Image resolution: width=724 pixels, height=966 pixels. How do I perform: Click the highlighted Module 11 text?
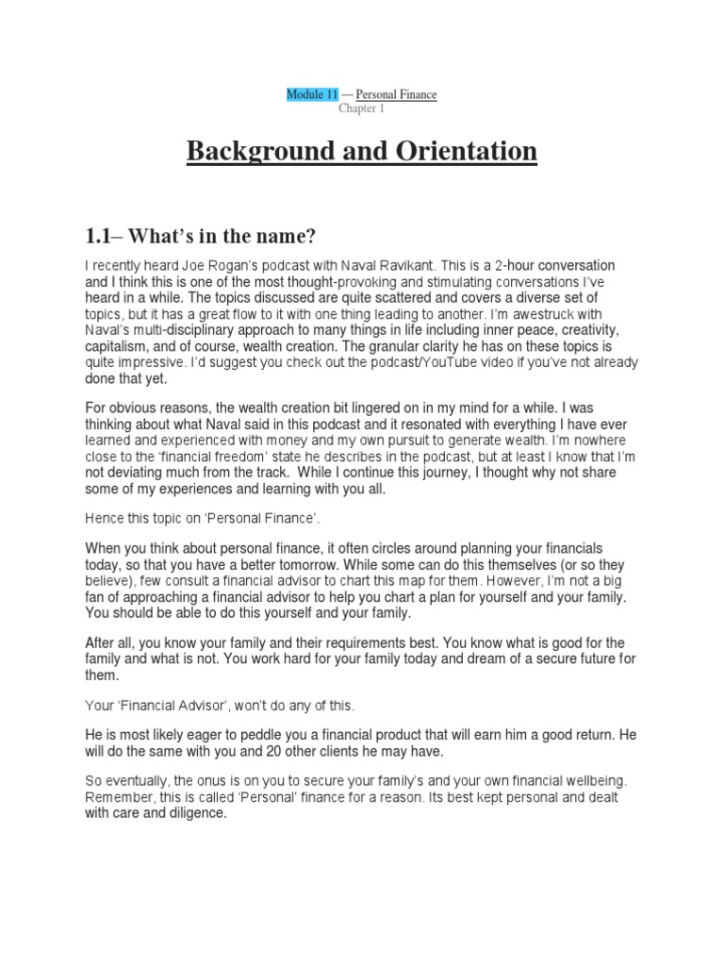click(x=311, y=94)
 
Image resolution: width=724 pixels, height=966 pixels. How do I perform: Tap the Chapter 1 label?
click(x=362, y=108)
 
